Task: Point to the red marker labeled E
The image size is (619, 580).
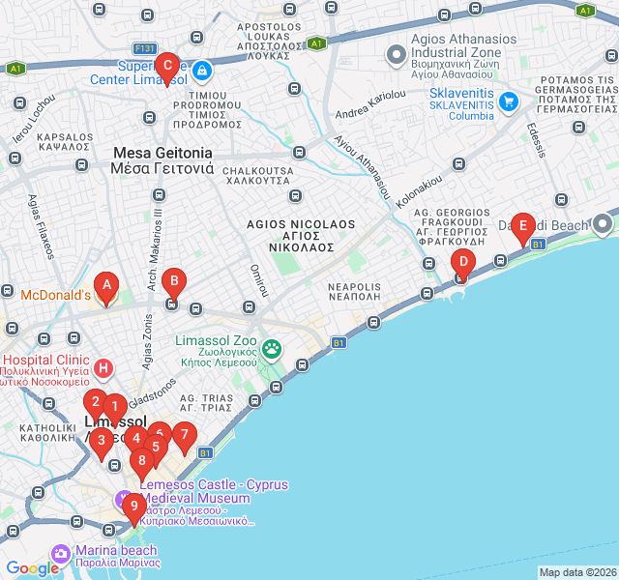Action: click(522, 229)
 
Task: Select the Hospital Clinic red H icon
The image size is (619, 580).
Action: click(104, 368)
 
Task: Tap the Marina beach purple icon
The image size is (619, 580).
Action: click(62, 553)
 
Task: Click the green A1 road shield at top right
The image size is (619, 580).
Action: click(583, 11)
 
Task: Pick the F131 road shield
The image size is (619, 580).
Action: click(146, 47)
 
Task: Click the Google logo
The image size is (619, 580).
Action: click(32, 568)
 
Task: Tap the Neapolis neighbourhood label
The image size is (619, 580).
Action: click(354, 292)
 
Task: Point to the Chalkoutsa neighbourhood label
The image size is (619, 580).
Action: click(256, 175)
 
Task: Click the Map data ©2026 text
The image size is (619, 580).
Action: click(577, 572)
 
